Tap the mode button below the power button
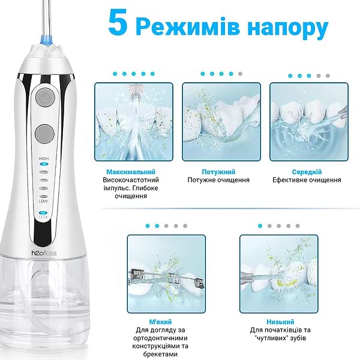coord(44,134)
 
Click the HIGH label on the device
coord(43,158)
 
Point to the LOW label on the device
coord(43,201)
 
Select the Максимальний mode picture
coord(134,121)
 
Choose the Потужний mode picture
coord(221,121)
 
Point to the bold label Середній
coord(306,171)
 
